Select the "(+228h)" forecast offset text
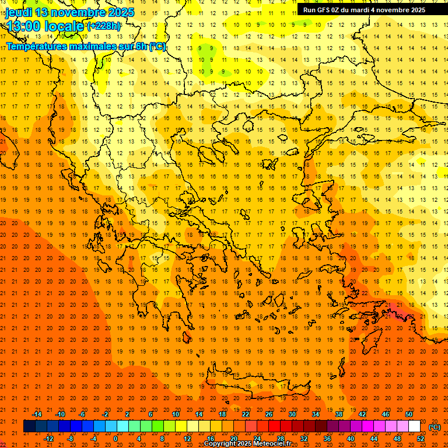click(104, 26)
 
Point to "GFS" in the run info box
click(326, 10)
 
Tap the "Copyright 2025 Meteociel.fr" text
click(247, 444)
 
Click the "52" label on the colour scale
click(421, 439)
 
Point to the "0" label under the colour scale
click(115, 439)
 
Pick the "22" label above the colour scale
click(246, 414)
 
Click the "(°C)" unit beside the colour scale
click(434, 427)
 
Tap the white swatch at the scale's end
click(414, 426)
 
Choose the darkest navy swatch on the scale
click(29, 426)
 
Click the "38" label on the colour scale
click(339, 414)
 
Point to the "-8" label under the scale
click(71, 439)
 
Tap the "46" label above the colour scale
click(386, 414)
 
